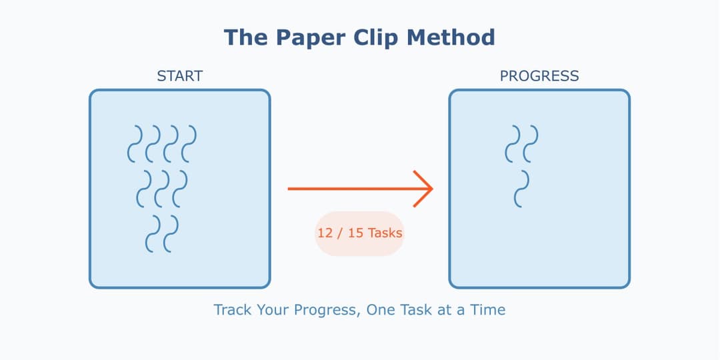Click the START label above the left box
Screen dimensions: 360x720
tap(179, 76)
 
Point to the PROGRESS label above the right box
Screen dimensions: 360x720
tap(539, 76)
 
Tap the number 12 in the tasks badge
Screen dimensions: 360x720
tap(325, 233)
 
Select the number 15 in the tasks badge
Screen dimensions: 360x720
tap(355, 233)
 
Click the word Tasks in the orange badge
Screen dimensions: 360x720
tap(385, 233)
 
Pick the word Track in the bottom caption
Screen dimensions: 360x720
tap(231, 310)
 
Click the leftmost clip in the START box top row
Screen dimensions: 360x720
tap(135, 143)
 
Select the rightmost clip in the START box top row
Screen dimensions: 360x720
tap(189, 143)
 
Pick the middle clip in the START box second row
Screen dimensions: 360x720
tap(162, 189)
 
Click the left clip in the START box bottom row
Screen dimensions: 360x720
tap(153, 234)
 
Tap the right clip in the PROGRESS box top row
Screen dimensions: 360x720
tap(531, 143)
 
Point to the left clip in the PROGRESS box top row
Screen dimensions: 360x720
tap(513, 143)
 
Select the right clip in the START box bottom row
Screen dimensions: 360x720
tap(171, 234)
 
